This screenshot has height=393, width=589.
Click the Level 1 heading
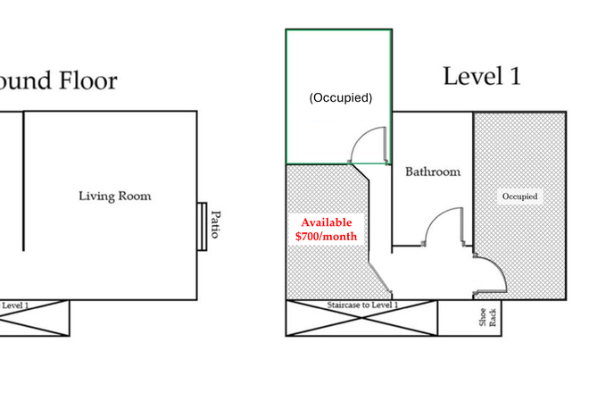click(482, 76)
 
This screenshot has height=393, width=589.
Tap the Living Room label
click(114, 196)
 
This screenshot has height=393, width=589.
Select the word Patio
click(214, 225)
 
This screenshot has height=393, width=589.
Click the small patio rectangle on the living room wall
click(202, 226)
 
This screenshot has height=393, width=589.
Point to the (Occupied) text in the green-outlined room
click(340, 97)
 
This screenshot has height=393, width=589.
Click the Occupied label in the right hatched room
click(520, 196)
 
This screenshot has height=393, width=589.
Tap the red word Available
click(326, 222)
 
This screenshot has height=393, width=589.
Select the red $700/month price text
click(326, 237)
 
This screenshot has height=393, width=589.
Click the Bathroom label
click(433, 171)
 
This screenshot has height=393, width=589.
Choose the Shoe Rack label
click(486, 318)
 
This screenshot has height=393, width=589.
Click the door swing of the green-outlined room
click(369, 146)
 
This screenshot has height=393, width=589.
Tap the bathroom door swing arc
click(443, 227)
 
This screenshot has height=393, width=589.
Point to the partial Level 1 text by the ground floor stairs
click(15, 305)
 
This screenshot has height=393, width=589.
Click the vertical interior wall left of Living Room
click(23, 183)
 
